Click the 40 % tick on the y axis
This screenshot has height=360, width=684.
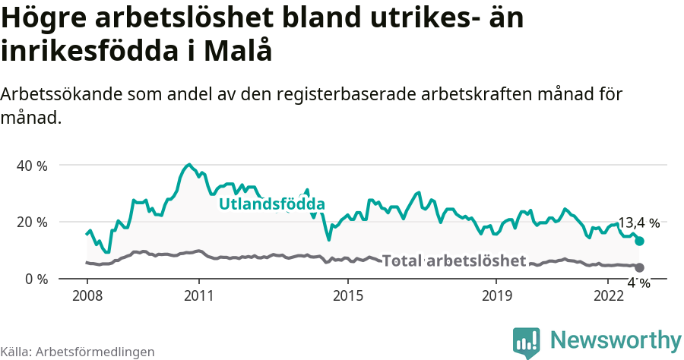tap(31, 166)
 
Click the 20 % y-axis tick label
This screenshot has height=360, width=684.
tap(31, 222)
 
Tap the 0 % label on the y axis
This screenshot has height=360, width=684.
tap(35, 279)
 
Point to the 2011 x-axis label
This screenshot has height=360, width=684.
tap(198, 295)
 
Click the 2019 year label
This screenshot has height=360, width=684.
tap(496, 295)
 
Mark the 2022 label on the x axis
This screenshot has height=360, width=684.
tap(608, 295)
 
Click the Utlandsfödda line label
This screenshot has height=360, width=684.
tap(272, 204)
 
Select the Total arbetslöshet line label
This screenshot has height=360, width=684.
tap(454, 261)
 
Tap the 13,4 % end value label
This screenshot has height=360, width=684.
tap(638, 223)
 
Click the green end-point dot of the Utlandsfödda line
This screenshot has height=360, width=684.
tap(639, 241)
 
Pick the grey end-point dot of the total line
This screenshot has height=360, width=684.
tap(639, 267)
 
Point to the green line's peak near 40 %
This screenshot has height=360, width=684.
tap(188, 164)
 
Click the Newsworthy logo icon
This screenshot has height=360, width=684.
tap(526, 343)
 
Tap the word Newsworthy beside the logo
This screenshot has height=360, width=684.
tap(616, 339)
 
